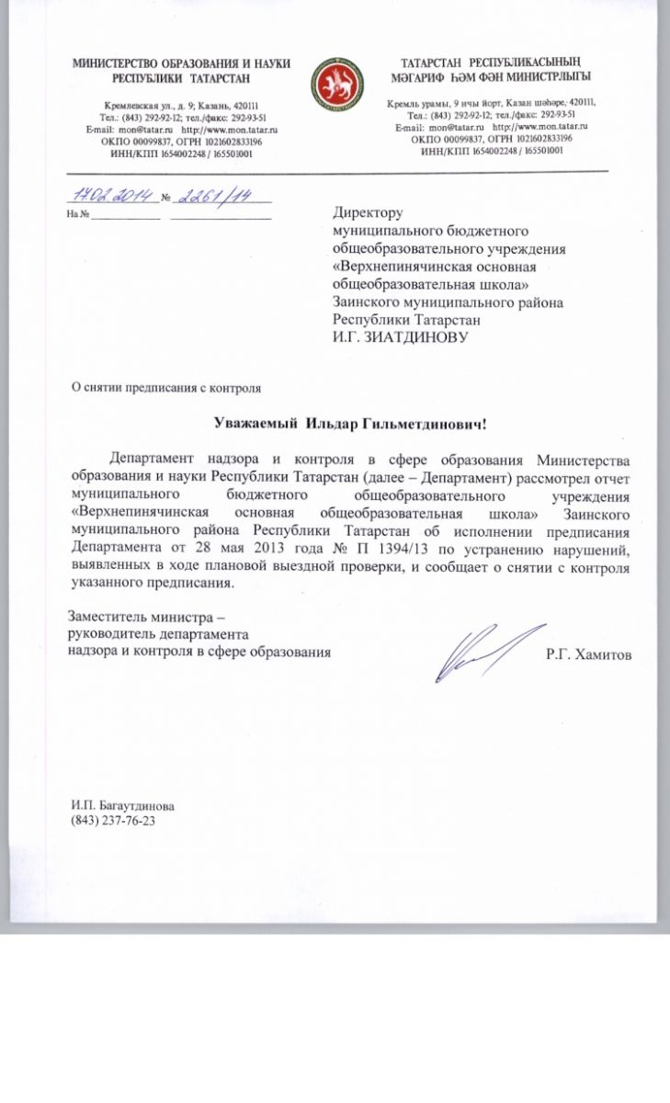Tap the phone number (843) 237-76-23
(113, 821)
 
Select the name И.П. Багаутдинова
(123, 806)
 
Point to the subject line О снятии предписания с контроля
(167, 388)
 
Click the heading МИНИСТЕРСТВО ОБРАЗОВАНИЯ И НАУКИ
(182, 63)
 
